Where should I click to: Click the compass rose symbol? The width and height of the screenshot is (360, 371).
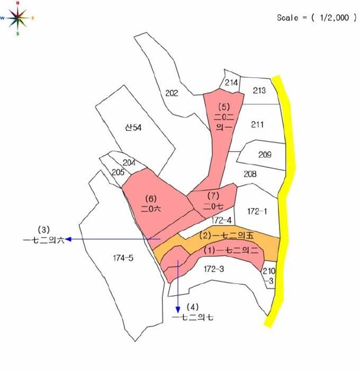17,17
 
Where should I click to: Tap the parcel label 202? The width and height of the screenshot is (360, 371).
172,93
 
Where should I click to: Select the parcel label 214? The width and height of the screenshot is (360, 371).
231,83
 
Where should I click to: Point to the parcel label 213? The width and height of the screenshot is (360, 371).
259,91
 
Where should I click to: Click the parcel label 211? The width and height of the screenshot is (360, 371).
257,125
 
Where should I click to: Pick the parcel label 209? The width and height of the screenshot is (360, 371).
265,155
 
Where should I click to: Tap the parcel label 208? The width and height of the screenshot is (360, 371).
250,174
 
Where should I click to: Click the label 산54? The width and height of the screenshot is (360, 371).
133,128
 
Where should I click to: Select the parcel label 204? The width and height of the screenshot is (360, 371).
129,163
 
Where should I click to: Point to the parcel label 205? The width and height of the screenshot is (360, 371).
118,172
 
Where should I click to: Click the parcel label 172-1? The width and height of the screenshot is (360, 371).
257,211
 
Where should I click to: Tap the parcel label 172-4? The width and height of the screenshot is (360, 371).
221,219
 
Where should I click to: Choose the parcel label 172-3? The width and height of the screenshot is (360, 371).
214,269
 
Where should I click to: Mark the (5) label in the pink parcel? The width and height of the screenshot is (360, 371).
223,105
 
